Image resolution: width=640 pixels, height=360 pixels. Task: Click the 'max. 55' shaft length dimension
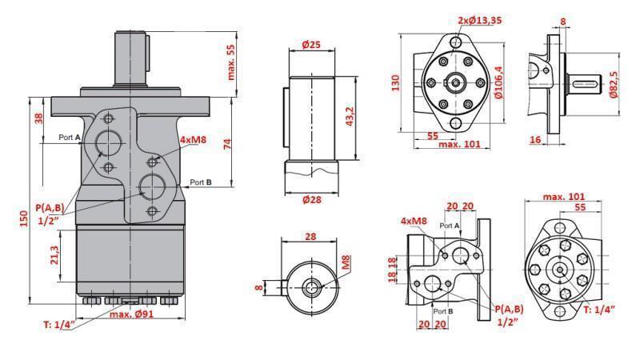[232, 62]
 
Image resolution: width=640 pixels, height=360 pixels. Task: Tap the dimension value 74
[226, 143]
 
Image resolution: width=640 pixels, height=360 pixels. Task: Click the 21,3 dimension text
[53, 255]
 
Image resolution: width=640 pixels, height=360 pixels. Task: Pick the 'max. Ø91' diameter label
[132, 314]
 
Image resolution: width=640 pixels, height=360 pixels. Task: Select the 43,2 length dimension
[349, 116]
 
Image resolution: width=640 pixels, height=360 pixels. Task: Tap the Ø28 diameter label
[311, 200]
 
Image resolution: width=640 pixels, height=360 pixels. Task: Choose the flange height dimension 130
[395, 83]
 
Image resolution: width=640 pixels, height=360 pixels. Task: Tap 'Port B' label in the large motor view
[201, 182]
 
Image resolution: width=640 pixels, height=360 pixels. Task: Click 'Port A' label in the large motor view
[70, 138]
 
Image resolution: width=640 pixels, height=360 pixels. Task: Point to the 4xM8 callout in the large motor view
[193, 140]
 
